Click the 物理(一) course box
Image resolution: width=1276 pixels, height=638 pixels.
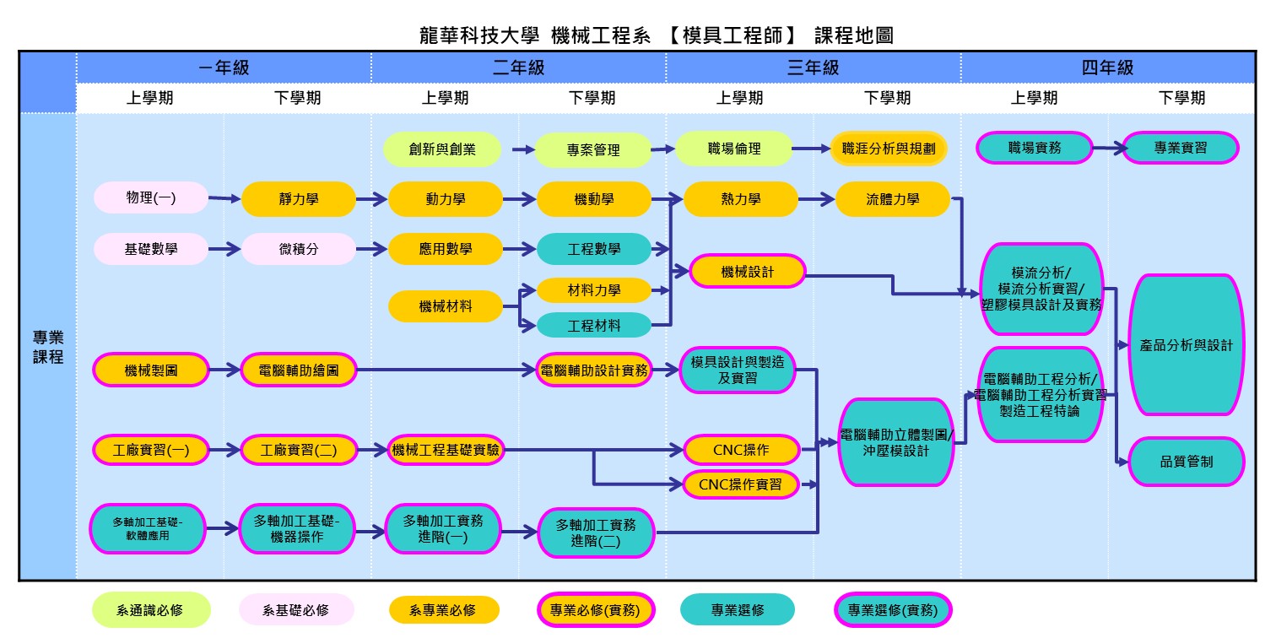pos(151,198)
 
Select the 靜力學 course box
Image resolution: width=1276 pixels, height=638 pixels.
pos(299,199)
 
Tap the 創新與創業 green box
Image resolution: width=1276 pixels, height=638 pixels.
pos(442,149)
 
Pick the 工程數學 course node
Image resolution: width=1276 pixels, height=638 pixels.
pos(594,249)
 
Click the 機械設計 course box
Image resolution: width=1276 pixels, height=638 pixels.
pos(748,272)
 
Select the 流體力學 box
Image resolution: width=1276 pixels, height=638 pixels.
pos(893,199)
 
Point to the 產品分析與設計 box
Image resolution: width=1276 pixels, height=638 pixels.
pos(1186,345)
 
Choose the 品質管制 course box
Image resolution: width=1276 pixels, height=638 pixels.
pos(1186,462)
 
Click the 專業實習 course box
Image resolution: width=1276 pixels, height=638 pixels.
pos(1181,148)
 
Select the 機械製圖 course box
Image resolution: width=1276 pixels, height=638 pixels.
pos(151,370)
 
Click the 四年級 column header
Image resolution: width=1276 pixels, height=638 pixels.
pos(1107,68)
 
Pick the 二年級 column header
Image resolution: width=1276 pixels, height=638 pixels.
pos(518,68)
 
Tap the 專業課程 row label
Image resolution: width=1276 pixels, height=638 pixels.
pos(48,347)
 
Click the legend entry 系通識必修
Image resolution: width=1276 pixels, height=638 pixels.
pos(151,610)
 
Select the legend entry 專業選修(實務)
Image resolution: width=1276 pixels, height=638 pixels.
pos(892,610)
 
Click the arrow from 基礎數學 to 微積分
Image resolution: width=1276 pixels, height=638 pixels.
pos(224,249)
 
